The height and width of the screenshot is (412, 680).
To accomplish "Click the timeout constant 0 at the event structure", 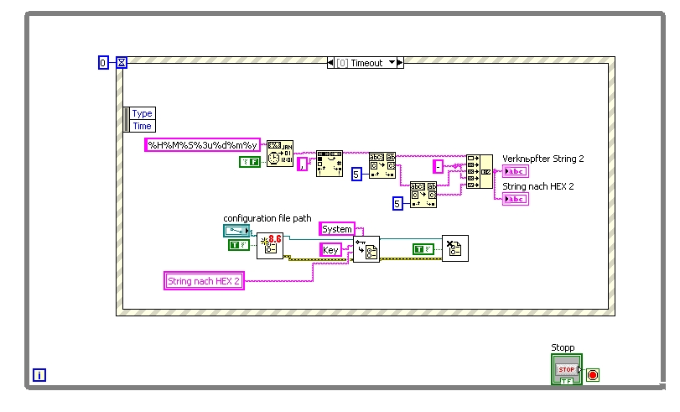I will [103, 62].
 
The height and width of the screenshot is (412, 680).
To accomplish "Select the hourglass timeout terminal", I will [122, 62].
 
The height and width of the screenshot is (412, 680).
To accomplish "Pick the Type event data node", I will [142, 113].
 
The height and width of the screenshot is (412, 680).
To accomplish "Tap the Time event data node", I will [142, 126].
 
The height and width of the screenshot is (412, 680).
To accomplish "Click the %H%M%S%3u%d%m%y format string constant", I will [203, 144].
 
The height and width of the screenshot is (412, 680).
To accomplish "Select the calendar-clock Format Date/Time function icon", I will [280, 154].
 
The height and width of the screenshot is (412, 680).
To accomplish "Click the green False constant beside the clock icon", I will [249, 161].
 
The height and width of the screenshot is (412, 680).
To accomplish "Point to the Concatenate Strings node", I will [480, 171].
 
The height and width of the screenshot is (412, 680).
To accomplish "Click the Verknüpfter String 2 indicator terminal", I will [515, 171].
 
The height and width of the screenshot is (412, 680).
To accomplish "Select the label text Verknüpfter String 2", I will [542, 158].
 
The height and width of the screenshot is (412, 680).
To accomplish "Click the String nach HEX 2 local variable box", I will [204, 281].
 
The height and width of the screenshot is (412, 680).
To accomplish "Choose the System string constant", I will [337, 228].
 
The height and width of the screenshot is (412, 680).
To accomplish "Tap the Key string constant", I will [331, 249].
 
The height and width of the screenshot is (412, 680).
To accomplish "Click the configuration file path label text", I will [267, 218].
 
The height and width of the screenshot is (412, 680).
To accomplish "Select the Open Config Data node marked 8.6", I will [270, 246].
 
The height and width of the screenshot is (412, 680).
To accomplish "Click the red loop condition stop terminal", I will [593, 374].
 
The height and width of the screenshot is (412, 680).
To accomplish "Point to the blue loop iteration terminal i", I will [39, 375].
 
